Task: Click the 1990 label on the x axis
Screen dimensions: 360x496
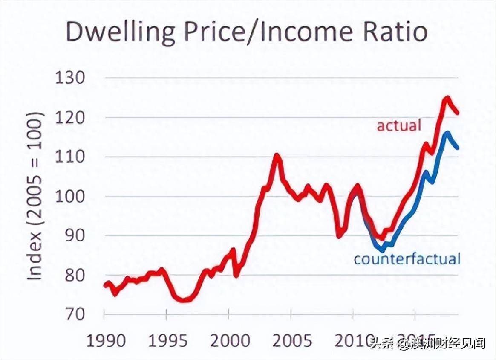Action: pos(106,341)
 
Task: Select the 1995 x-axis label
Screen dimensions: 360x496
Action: pos(168,341)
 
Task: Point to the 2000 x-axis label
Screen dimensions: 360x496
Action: pos(230,341)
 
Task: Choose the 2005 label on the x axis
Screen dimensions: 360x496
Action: pos(292,341)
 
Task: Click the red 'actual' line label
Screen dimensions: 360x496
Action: pos(399,125)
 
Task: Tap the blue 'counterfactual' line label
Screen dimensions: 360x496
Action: pos(407,259)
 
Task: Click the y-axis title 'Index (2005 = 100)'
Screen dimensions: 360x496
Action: pos(36,196)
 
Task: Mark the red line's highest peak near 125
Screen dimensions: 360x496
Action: pos(447,98)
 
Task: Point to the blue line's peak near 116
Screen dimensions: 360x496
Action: pos(447,133)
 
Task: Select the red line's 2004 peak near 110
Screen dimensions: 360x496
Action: pos(277,155)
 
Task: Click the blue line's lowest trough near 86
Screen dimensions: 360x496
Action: pos(382,250)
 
